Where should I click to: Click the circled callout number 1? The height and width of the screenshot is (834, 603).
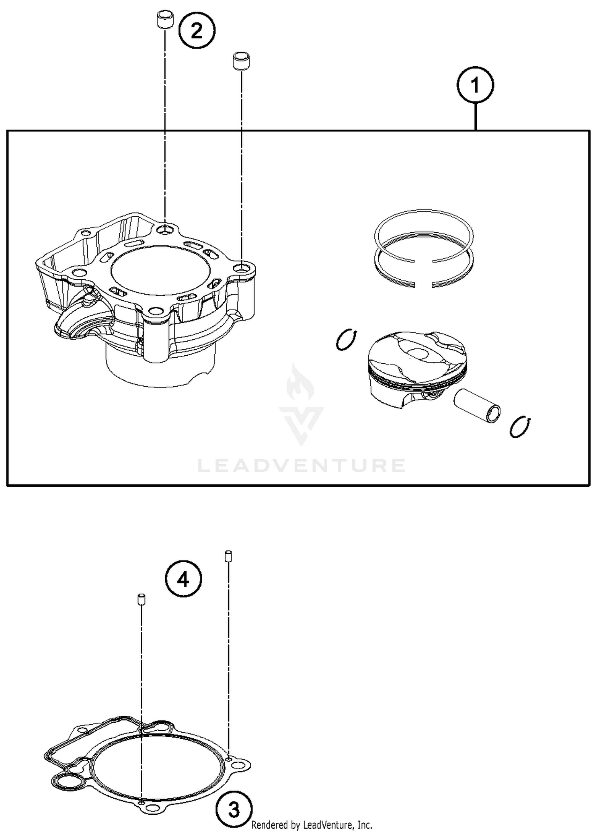[x=475, y=85]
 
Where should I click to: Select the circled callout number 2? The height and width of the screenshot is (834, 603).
[x=197, y=31]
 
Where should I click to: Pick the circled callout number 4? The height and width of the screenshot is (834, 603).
[x=183, y=580]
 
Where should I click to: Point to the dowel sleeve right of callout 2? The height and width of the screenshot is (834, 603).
[x=241, y=61]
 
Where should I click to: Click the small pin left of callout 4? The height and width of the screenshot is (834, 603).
[x=141, y=599]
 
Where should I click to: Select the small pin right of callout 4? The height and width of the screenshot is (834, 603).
[x=228, y=556]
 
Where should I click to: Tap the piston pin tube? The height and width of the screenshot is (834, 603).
[x=478, y=406]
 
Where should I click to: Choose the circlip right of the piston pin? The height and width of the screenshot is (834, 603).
[x=520, y=427]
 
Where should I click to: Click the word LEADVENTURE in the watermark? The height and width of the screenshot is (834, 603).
[x=301, y=466]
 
